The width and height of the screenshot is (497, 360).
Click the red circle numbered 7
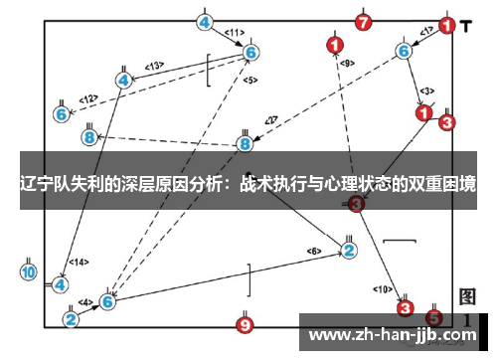(x=364, y=21)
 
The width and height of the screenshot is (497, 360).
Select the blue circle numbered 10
(x=28, y=271)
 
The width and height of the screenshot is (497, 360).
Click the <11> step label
(x=234, y=33)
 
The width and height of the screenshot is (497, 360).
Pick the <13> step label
(x=154, y=66)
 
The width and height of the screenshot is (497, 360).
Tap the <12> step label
(x=88, y=98)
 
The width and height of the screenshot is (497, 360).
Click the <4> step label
(x=85, y=301)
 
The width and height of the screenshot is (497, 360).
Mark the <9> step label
(x=346, y=63)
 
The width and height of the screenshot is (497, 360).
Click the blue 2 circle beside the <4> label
(x=72, y=319)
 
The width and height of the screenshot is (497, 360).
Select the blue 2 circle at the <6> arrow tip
(x=349, y=250)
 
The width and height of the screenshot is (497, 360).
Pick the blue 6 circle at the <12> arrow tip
(x=62, y=114)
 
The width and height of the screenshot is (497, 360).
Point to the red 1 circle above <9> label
(x=334, y=45)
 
